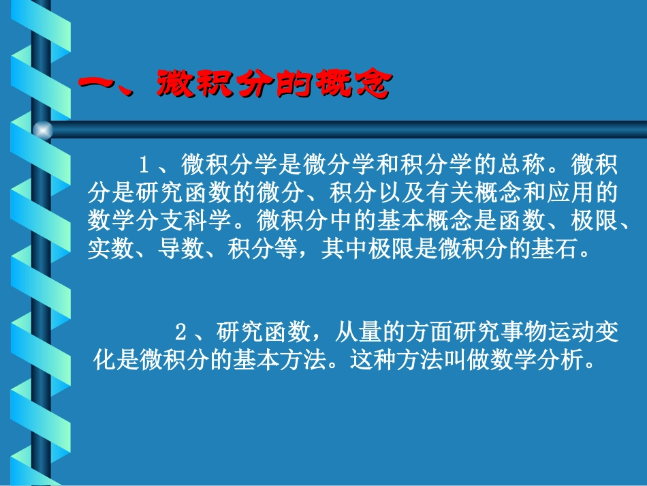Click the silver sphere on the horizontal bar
[42, 130]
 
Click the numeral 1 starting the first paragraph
[144, 164]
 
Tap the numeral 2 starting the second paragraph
[180, 333]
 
